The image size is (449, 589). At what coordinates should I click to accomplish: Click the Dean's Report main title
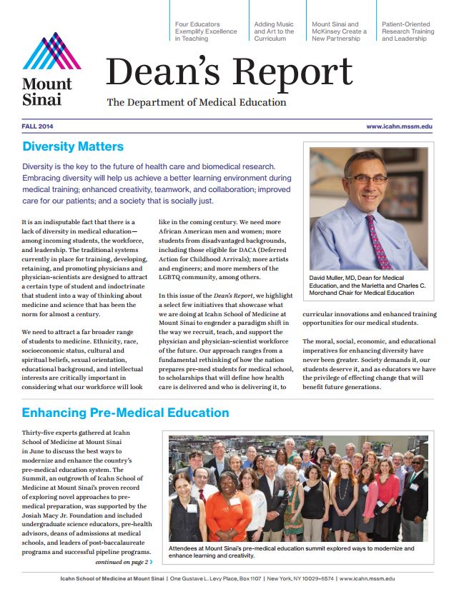pyautogui.click(x=229, y=71)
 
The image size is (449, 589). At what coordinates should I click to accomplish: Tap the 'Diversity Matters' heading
pyautogui.click(x=73, y=147)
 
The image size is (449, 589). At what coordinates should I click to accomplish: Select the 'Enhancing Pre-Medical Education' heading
pyautogui.click(x=125, y=413)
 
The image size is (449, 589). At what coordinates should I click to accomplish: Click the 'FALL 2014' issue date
pyautogui.click(x=37, y=126)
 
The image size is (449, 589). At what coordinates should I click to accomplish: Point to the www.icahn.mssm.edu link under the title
pyautogui.click(x=399, y=126)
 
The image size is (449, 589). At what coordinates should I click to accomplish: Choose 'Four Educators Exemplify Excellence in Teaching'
pyautogui.click(x=206, y=31)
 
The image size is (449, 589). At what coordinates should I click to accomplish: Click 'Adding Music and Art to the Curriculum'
pyautogui.click(x=274, y=31)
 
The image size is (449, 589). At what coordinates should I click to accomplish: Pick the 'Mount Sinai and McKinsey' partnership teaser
pyautogui.click(x=339, y=31)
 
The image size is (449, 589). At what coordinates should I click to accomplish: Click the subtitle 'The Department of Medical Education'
pyautogui.click(x=197, y=102)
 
